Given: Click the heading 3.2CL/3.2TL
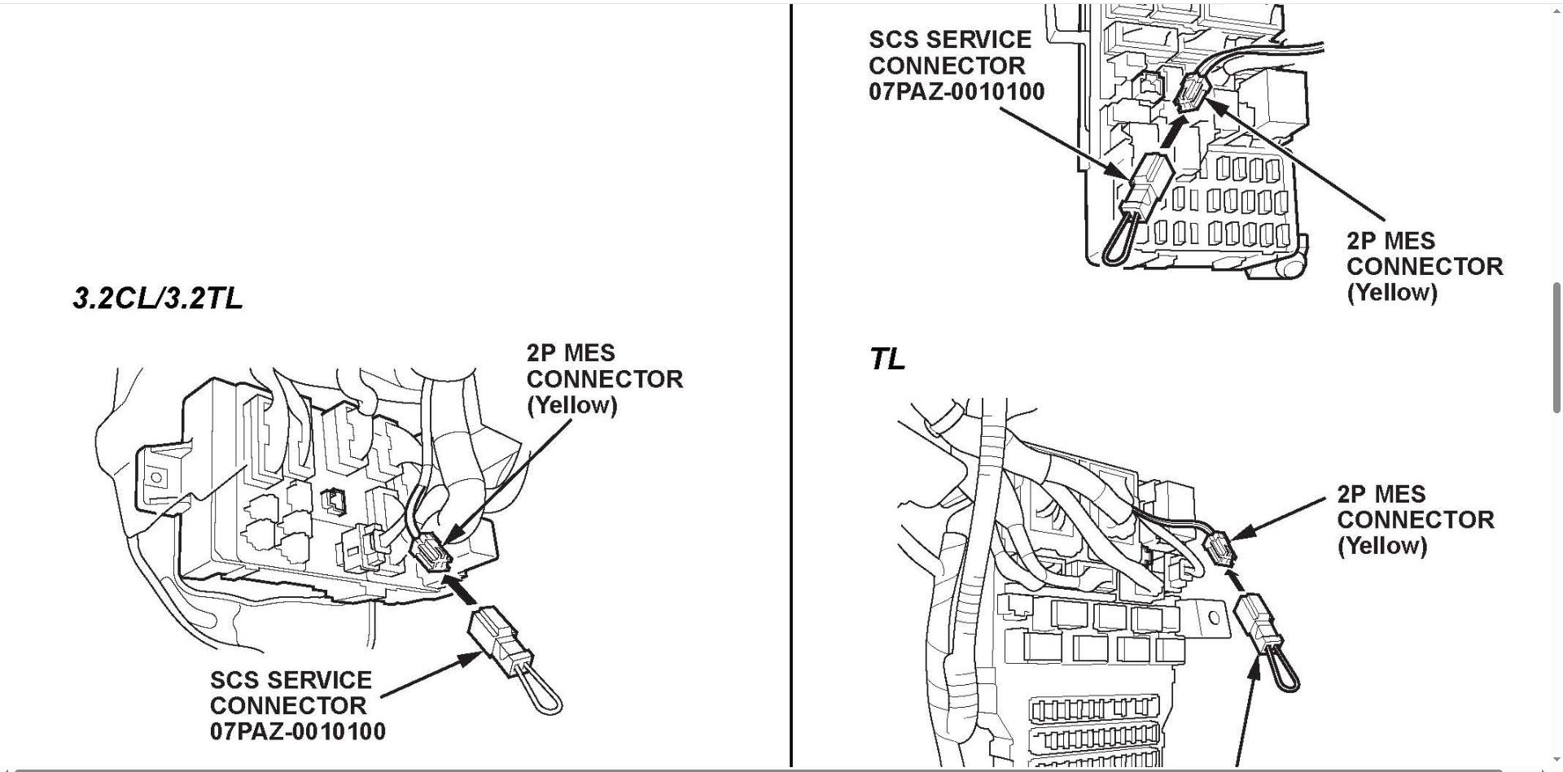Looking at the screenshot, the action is (158, 299).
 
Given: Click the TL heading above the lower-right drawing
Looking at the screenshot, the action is (887, 359).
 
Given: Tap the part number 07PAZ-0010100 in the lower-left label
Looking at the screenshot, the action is (298, 731).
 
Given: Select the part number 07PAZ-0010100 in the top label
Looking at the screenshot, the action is (957, 91).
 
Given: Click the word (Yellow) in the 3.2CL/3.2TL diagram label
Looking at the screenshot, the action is (571, 405).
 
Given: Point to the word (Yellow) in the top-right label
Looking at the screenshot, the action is (1392, 293).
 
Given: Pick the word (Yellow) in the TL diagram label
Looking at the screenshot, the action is (1382, 545).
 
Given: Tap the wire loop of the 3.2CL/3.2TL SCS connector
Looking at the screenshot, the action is (539, 692).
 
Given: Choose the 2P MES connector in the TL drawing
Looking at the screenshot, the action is (1221, 549).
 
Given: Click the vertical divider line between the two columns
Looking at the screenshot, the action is (790, 386).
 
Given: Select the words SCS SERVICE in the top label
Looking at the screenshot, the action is (950, 40).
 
